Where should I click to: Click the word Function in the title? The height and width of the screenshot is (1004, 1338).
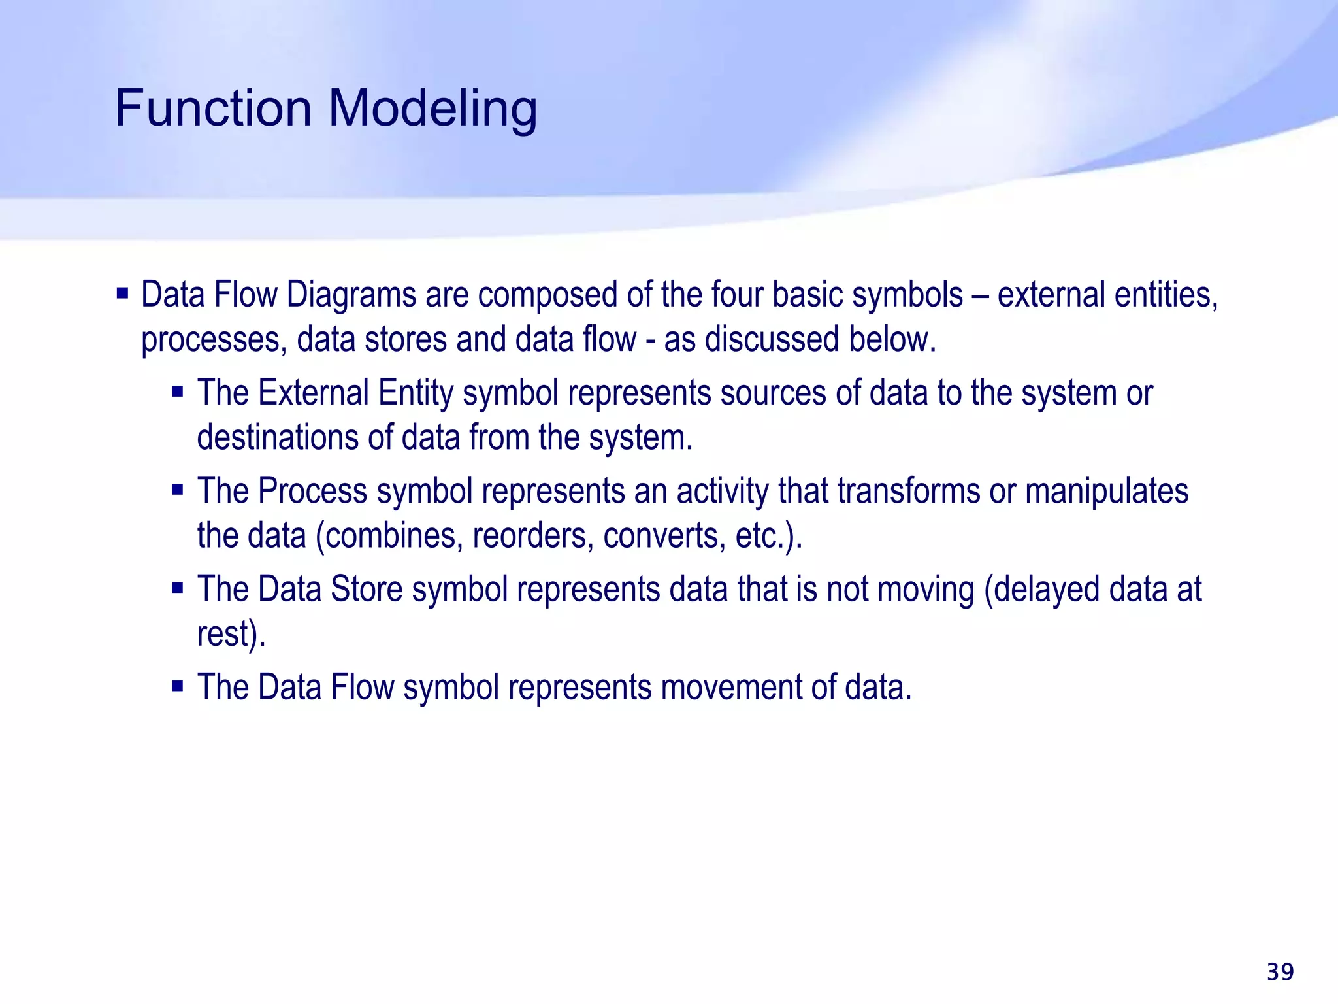[213, 108]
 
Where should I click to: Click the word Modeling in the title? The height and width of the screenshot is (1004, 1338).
[432, 109]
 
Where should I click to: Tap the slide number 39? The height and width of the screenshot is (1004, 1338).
[1280, 972]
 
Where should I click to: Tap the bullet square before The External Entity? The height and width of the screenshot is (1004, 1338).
[177, 392]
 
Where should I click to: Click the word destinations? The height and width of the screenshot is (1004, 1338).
[277, 437]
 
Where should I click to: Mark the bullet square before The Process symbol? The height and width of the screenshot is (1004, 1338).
[177, 489]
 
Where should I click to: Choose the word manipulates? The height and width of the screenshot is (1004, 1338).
[1106, 492]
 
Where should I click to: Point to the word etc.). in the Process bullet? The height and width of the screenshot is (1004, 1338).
[768, 536]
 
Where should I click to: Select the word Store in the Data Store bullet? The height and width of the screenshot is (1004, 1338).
[367, 589]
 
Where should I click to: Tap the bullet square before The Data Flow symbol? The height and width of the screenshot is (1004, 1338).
[177, 686]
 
